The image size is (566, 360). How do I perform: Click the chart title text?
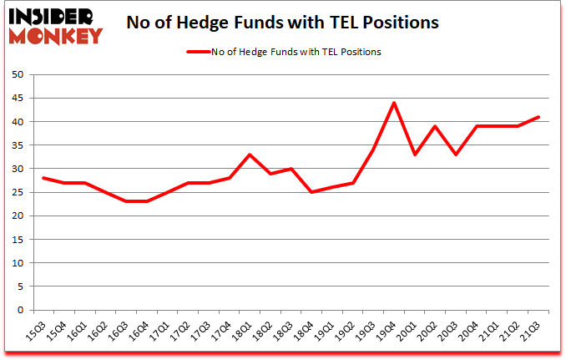[283, 23]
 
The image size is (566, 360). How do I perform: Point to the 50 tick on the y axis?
[16, 75]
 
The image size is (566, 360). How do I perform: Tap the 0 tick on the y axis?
[19, 310]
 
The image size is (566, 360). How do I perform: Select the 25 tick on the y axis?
[16, 193]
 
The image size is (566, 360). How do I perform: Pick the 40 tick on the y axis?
[16, 122]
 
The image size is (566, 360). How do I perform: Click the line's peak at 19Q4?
[393, 103]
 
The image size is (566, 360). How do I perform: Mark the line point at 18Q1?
[250, 155]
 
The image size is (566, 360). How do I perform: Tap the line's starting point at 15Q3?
[43, 178]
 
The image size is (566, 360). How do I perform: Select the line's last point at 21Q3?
[538, 117]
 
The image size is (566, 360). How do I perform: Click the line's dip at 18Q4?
[311, 192]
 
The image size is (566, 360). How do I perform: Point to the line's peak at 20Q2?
[435, 126]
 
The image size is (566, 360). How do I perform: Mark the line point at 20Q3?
[455, 155]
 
